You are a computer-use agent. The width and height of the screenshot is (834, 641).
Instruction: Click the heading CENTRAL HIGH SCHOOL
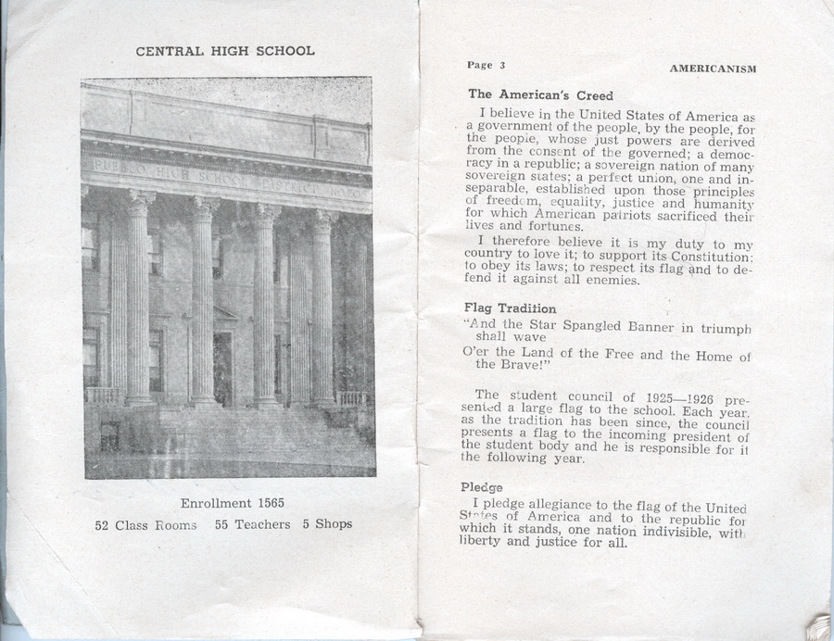point(225,51)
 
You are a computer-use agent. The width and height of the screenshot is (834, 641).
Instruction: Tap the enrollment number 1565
point(266,503)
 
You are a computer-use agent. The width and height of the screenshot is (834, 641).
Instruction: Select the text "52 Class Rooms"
point(146,524)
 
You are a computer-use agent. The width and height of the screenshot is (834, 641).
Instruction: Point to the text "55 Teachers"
point(252,524)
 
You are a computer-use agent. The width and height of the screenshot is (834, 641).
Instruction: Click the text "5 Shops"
point(327,524)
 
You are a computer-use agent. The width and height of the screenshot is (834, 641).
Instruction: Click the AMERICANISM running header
point(713,69)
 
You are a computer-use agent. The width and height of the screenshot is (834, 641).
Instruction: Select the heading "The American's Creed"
point(527,94)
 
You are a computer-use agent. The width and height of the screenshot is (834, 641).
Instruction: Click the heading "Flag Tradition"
point(510,308)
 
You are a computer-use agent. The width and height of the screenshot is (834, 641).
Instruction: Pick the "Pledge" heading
point(482,487)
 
